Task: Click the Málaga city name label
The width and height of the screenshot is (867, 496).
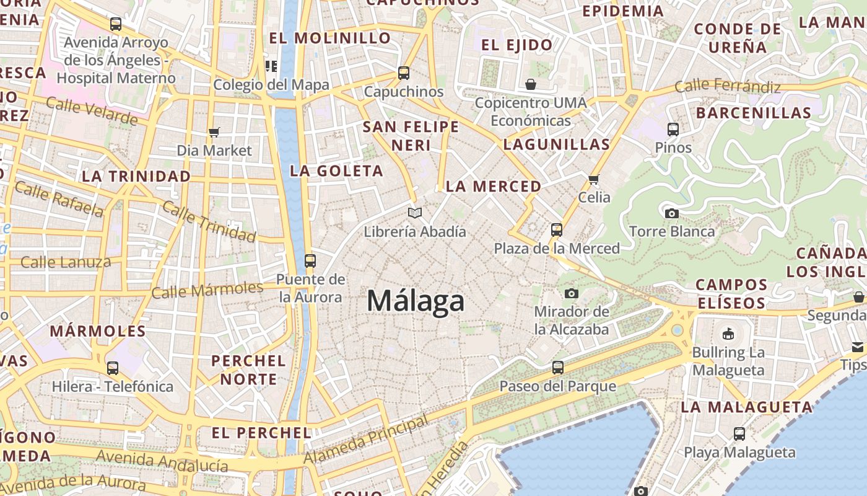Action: (416, 301)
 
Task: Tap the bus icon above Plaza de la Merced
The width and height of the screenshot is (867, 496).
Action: (557, 230)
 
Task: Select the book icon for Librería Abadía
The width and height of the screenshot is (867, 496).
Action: (415, 213)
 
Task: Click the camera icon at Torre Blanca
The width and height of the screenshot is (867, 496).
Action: (671, 213)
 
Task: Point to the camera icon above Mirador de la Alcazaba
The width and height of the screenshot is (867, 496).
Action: (572, 293)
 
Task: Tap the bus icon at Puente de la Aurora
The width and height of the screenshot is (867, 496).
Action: (310, 261)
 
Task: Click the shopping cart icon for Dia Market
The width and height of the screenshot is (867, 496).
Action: (214, 132)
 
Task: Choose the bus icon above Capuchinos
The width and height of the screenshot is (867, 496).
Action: (404, 73)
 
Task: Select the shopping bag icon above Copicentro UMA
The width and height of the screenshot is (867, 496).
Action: (530, 84)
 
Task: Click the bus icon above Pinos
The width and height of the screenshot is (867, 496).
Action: (673, 130)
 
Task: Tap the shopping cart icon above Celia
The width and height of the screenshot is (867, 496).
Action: (594, 179)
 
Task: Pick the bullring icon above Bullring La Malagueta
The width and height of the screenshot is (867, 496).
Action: (728, 334)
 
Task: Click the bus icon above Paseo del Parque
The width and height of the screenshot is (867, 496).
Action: (558, 368)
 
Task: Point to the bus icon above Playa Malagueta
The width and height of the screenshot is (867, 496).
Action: (739, 434)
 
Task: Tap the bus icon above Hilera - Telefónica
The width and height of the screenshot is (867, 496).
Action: (113, 368)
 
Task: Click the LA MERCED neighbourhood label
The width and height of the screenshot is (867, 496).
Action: (494, 187)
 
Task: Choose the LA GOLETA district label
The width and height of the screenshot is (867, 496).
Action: (336, 171)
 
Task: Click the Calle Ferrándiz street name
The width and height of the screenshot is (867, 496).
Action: (728, 86)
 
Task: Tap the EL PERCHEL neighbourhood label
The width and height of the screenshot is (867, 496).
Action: (261, 433)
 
